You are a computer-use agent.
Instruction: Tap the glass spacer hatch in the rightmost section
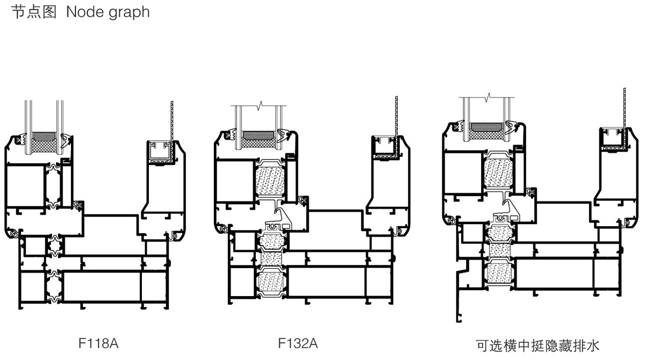coord(486,128)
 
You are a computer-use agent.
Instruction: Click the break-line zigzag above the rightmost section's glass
coord(488,98)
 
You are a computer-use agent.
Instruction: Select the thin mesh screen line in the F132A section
coord(396,118)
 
